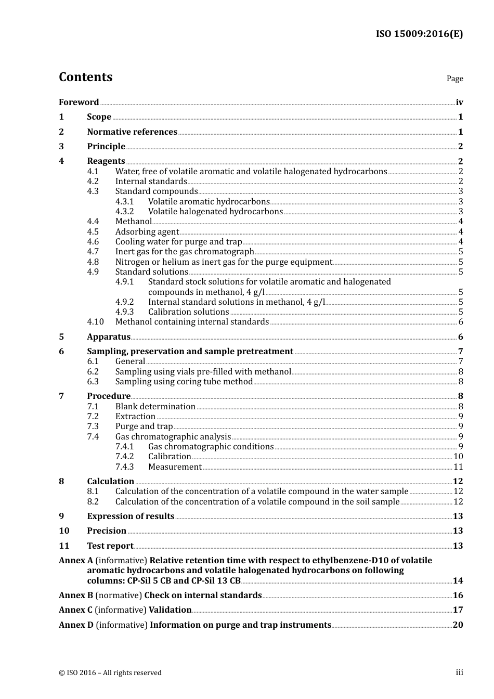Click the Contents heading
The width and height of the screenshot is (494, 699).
point(85,77)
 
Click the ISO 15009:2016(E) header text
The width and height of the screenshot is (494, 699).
point(419,34)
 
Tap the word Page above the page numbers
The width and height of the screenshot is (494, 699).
point(454,79)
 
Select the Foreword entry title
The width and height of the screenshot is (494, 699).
point(79,102)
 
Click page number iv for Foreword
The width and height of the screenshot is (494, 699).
point(459,102)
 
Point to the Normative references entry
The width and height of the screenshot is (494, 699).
point(132,132)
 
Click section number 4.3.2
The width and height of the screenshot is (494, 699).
point(124,212)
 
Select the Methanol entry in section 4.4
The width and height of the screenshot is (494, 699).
point(134,222)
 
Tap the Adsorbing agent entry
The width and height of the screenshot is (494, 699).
point(147,232)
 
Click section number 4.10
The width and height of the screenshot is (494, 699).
point(95,322)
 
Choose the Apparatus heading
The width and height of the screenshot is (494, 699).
point(109,337)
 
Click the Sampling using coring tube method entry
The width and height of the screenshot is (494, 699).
point(184,382)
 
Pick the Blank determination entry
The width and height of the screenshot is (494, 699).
point(155,407)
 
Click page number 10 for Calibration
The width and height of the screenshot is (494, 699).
point(458,457)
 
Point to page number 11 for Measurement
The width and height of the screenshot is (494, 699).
point(458,467)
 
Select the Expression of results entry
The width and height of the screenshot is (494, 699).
point(131,516)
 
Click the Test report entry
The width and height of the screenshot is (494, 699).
point(110,546)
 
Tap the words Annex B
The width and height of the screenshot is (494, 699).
point(76,596)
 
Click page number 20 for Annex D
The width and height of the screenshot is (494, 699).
point(458,625)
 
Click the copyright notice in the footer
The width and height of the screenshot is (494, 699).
point(110,673)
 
